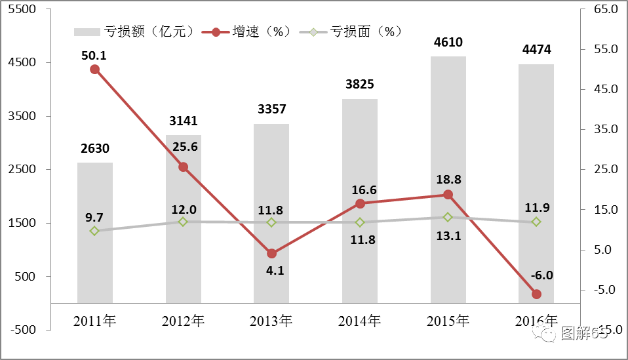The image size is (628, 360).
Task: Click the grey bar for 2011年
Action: click(95, 233)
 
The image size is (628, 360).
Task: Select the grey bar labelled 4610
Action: click(448, 180)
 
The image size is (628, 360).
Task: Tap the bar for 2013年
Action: click(272, 213)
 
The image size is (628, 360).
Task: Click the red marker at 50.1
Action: click(94, 69)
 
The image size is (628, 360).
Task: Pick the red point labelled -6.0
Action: click(536, 294)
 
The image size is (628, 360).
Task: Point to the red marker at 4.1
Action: click(272, 253)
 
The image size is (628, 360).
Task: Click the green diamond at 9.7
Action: click(94, 231)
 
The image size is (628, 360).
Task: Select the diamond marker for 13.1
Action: click(448, 217)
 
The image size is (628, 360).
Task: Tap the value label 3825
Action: click(360, 85)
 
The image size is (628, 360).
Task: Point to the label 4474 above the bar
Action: click(536, 49)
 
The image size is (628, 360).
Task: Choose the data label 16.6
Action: click(360, 190)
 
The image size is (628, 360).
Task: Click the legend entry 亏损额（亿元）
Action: click(134, 31)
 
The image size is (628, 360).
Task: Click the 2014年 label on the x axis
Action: click(360, 321)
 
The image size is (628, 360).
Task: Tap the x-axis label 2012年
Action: click(184, 321)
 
